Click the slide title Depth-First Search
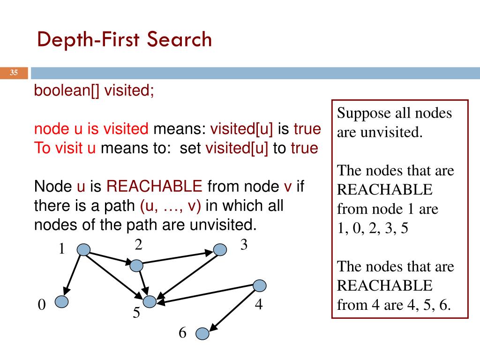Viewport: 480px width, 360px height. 125,40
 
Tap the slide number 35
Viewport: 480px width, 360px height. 14,73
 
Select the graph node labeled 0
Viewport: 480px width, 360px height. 61,301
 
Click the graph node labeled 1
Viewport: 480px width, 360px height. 83,250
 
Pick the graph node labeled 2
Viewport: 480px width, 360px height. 136,265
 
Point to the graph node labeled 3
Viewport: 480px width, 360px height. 220,249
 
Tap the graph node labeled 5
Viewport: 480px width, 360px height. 150,301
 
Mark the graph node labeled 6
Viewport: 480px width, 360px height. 202,333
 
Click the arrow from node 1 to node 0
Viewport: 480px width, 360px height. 73,275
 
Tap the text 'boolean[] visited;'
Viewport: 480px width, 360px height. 94,90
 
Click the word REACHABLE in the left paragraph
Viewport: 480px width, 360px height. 154,187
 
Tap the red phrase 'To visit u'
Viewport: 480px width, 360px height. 65,148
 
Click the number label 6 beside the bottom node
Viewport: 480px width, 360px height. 182,333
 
